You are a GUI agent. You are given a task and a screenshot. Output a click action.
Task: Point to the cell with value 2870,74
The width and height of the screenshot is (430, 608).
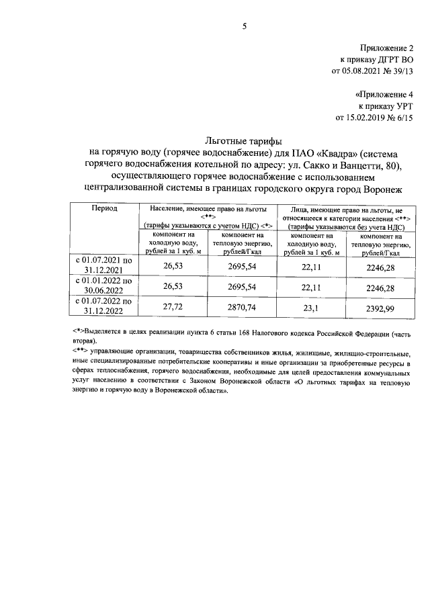[242, 306]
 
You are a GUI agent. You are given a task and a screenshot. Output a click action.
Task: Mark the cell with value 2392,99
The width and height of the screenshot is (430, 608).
[380, 306]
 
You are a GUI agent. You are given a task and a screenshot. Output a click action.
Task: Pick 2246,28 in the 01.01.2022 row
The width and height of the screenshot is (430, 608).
[380, 287]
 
